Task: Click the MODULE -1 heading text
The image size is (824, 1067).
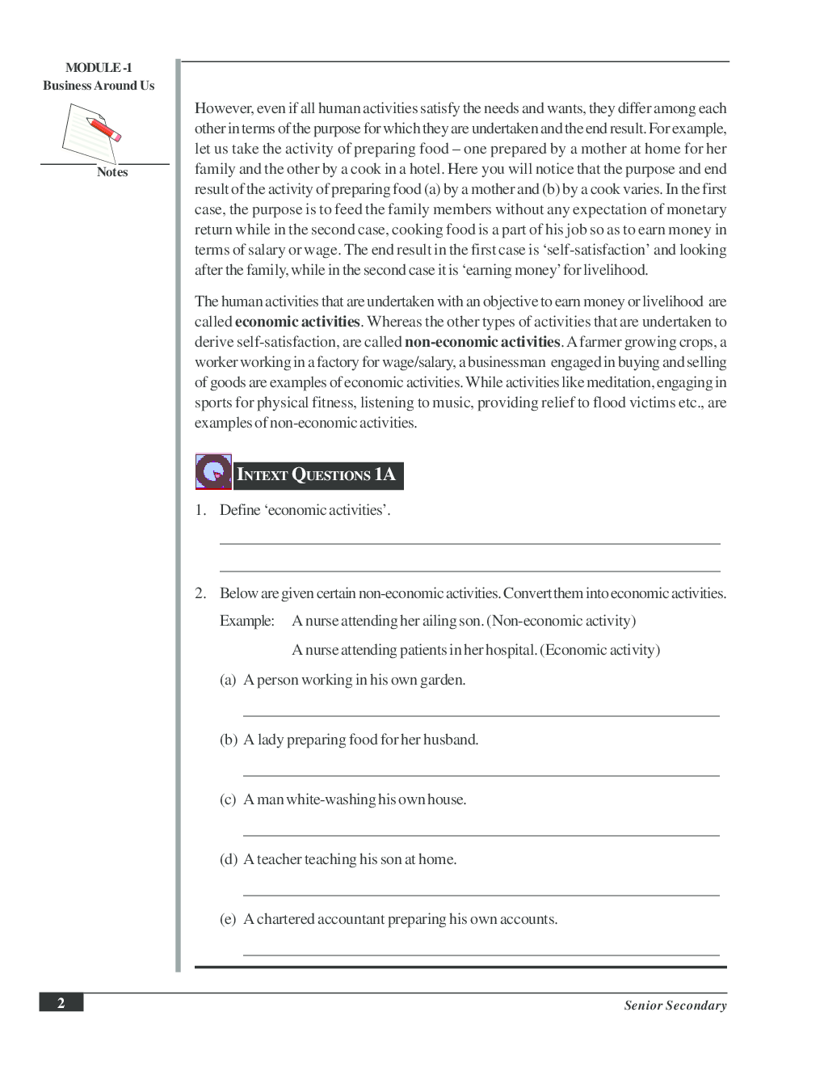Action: coord(99,68)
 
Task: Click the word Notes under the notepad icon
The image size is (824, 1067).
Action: coord(112,172)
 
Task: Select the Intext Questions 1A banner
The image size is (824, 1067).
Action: coord(317,475)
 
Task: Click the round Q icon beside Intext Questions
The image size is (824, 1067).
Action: coord(213,471)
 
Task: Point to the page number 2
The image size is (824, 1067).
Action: coord(61,1003)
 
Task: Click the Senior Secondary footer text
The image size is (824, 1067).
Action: coord(675,1006)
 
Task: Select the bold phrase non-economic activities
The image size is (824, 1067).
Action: coord(482,342)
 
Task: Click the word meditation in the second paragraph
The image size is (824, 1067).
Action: coord(620,382)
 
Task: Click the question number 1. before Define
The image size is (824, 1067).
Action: coord(200,510)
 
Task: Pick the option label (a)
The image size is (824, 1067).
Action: coord(228,680)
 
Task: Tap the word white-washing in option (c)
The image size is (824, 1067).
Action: coord(331,799)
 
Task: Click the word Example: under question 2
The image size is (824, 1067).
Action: coord(247,621)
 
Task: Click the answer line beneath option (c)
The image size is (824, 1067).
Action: coord(481,836)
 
